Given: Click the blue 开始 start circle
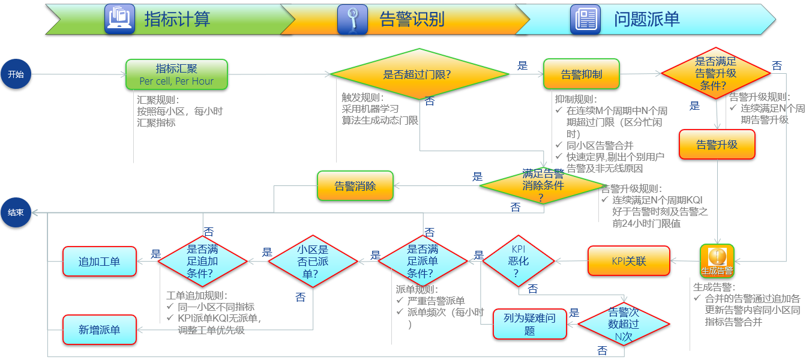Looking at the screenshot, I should click(x=16, y=74).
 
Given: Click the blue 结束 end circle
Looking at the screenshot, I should click(x=16, y=212).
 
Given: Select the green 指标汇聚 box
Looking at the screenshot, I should click(x=176, y=74).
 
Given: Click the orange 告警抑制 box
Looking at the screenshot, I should click(x=581, y=74).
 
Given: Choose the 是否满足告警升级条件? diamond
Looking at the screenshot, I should click(x=715, y=73).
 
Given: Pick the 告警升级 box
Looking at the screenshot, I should click(x=717, y=145).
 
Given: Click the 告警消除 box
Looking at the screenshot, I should click(x=355, y=186).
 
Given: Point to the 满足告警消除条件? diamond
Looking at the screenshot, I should click(x=543, y=186).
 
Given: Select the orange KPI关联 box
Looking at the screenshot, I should click(x=628, y=261).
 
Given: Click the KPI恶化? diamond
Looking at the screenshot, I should click(x=518, y=261).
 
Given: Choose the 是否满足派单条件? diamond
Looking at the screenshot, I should click(x=423, y=261).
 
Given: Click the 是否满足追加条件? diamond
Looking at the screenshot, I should click(x=203, y=261).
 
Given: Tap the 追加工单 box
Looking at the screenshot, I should click(x=100, y=261).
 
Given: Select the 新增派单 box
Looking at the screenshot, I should click(x=100, y=330).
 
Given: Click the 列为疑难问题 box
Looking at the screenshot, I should click(x=529, y=324).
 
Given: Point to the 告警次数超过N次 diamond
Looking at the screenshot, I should click(x=624, y=325).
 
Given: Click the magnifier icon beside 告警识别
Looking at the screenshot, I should click(x=352, y=19).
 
